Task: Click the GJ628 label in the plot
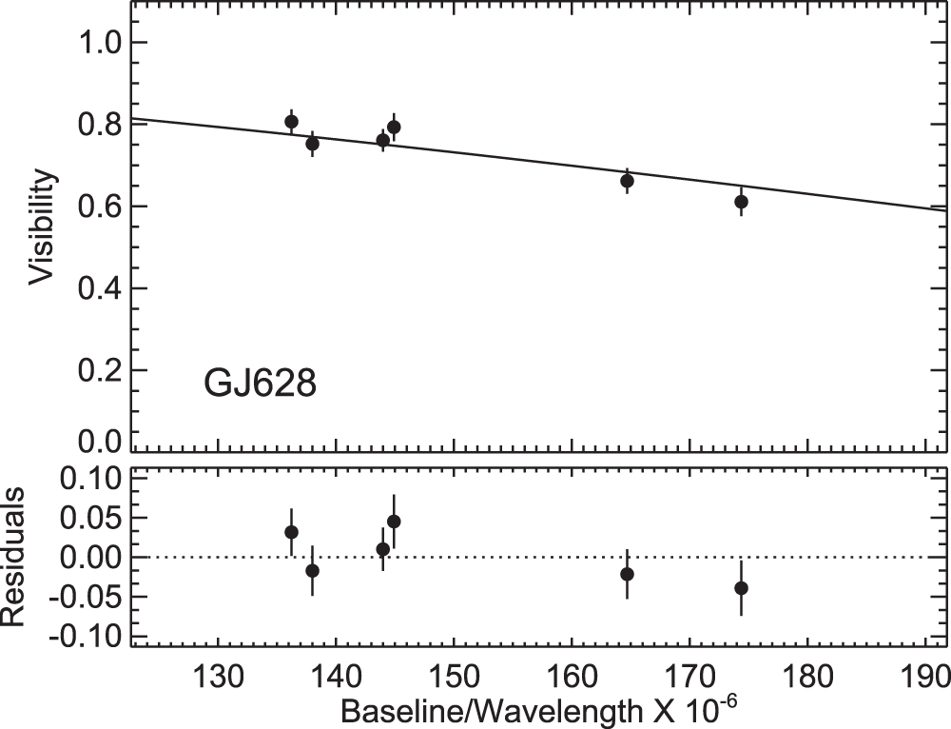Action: (x=260, y=386)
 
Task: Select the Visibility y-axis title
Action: (x=40, y=228)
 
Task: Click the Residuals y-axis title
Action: (x=13, y=559)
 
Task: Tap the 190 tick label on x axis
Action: (x=925, y=677)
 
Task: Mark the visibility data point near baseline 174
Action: (x=741, y=201)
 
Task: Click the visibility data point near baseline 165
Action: (x=627, y=180)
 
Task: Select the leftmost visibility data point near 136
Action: (x=291, y=121)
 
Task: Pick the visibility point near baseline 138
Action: (x=312, y=143)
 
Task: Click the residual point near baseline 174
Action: (x=741, y=587)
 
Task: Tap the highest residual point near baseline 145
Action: (x=394, y=521)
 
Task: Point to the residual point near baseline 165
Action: (x=627, y=573)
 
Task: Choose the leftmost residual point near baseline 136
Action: (x=291, y=531)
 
